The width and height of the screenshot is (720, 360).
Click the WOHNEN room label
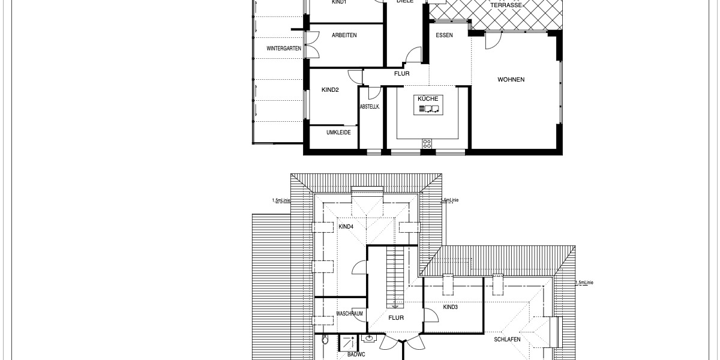tap(511, 80)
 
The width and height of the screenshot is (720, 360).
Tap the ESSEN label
tap(445, 35)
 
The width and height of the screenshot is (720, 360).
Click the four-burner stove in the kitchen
tap(427, 143)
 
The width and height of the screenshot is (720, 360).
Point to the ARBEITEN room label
tap(344, 35)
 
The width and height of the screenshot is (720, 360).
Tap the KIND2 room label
tap(331, 90)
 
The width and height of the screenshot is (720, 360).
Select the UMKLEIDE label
tap(338, 133)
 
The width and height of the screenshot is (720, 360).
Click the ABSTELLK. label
tap(370, 107)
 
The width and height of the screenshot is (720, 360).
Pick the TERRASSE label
tap(506, 5)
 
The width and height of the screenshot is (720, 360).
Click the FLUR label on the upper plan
tap(401, 74)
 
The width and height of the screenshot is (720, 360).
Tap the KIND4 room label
tap(346, 226)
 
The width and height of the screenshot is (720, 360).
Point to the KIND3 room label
tap(450, 307)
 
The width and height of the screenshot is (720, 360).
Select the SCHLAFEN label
tap(507, 339)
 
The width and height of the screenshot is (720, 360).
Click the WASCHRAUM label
tap(350, 314)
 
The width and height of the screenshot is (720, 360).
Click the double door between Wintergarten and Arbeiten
tap(311, 44)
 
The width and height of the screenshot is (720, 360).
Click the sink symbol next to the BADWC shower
tap(370, 340)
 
